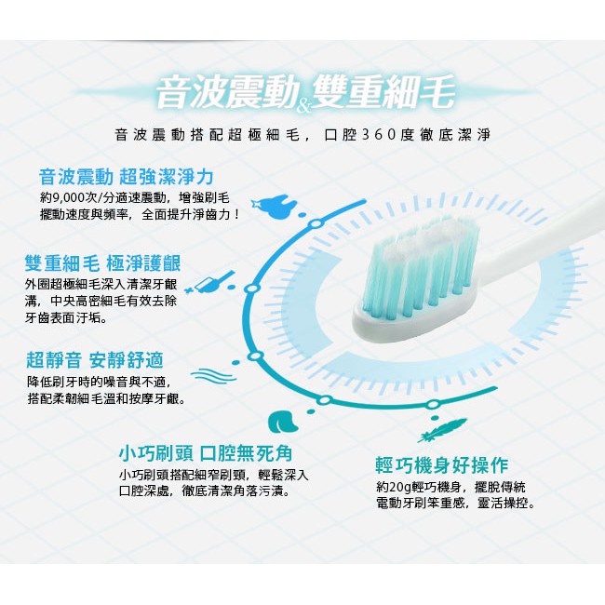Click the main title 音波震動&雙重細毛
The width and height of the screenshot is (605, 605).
tap(304, 92)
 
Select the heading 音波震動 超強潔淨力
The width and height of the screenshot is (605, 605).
tap(127, 177)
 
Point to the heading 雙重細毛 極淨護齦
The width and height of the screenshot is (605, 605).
tap(102, 263)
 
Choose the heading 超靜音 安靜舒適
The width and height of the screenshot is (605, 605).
tap(95, 360)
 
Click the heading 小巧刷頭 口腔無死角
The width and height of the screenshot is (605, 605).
tap(206, 453)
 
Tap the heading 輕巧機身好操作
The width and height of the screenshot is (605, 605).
tap(442, 465)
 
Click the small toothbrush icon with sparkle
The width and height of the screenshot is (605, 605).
tap(211, 283)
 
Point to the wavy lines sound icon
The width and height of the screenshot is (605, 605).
tap(213, 375)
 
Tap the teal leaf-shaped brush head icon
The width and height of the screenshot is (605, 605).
tap(283, 422)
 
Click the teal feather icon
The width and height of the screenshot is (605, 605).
tap(442, 430)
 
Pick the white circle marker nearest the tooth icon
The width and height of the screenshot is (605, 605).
tap(316, 223)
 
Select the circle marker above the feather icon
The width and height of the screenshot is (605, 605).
tap(433, 404)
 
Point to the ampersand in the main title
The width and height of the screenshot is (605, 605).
tap(304, 106)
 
